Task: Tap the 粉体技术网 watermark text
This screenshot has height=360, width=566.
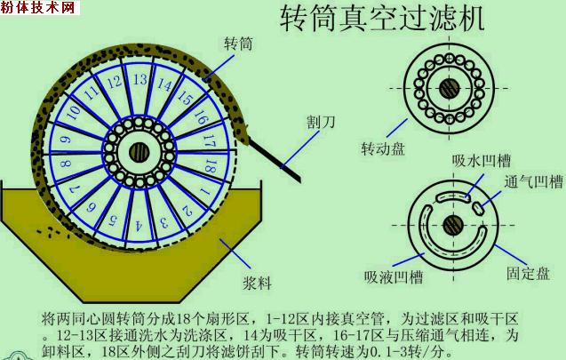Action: click(x=40, y=8)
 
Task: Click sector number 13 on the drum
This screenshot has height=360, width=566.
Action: click(x=139, y=80)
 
